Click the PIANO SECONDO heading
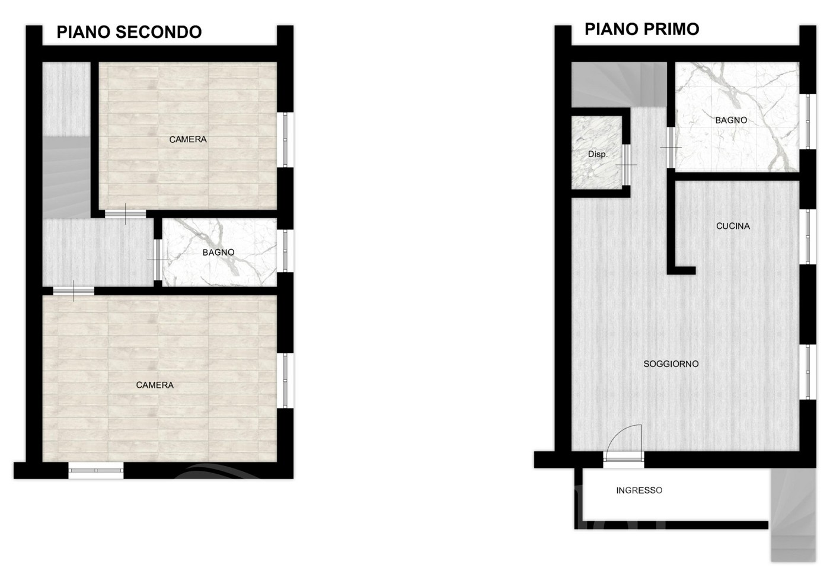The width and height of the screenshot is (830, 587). (x=129, y=32)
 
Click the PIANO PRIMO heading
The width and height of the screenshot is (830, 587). (x=641, y=29)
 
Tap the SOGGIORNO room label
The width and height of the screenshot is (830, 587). (x=671, y=364)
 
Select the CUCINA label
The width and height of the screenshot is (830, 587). (x=733, y=226)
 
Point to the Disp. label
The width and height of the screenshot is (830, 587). (x=598, y=154)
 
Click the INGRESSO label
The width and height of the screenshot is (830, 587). (x=639, y=490)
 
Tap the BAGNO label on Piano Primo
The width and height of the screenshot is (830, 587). (x=730, y=120)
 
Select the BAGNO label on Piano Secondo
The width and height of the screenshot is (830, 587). (x=218, y=253)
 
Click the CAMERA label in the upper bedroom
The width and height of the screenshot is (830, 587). (x=188, y=139)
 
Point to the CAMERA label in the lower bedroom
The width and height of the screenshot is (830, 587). (x=155, y=385)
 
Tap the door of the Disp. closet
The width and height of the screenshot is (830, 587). (x=626, y=165)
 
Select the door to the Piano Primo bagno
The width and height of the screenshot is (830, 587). (x=671, y=148)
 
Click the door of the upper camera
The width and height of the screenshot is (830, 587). (x=125, y=214)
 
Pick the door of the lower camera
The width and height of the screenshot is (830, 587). (x=74, y=291)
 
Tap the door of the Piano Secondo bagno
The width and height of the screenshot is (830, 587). (x=158, y=260)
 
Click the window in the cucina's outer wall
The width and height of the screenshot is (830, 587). (x=807, y=237)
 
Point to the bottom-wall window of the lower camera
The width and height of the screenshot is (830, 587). (x=96, y=470)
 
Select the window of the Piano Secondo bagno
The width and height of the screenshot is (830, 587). (x=285, y=251)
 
